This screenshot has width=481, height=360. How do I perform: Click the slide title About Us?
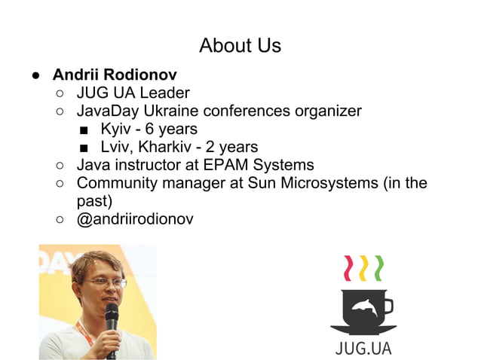(240, 45)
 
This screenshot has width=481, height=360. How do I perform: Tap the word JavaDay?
(108, 111)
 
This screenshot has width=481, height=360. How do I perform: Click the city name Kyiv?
(115, 129)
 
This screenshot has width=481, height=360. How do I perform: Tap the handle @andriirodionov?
(136, 219)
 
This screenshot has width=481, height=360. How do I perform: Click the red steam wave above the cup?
(348, 268)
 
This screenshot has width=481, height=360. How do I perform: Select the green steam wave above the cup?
(379, 268)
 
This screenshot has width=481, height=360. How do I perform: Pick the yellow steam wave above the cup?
(363, 268)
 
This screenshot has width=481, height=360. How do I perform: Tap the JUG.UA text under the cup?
(363, 348)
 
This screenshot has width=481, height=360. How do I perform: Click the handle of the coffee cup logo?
(388, 307)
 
